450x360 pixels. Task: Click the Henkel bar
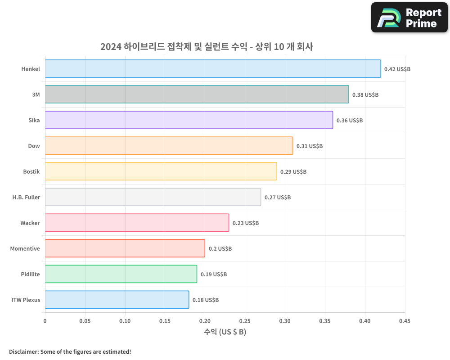click(x=213, y=69)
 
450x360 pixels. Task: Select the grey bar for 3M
click(x=197, y=94)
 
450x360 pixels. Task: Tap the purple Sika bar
click(x=189, y=120)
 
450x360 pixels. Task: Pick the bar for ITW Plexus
click(x=117, y=300)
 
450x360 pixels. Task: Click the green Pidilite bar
click(x=121, y=274)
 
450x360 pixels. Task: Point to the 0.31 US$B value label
click(x=310, y=146)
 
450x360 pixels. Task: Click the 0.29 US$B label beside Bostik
click(x=293, y=172)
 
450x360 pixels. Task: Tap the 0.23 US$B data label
click(x=246, y=223)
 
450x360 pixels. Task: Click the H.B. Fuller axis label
click(x=26, y=198)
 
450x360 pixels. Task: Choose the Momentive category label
click(x=25, y=249)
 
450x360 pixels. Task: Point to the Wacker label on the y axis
click(x=30, y=223)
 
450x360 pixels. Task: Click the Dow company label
click(x=34, y=146)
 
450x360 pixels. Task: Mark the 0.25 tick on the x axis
click(x=245, y=321)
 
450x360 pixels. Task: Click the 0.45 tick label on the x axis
click(x=405, y=321)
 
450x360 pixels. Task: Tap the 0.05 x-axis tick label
click(x=85, y=321)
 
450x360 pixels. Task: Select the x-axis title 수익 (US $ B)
click(x=225, y=332)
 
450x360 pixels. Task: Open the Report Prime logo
click(x=409, y=18)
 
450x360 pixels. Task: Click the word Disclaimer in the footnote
click(x=23, y=351)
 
